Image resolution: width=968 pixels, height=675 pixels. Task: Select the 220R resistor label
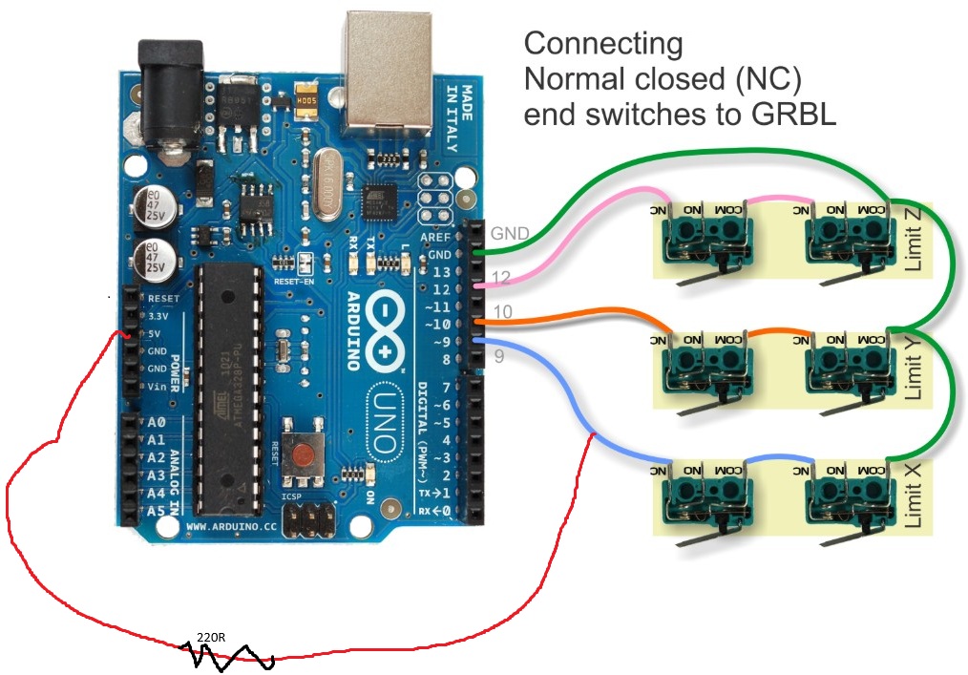pos(210,637)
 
